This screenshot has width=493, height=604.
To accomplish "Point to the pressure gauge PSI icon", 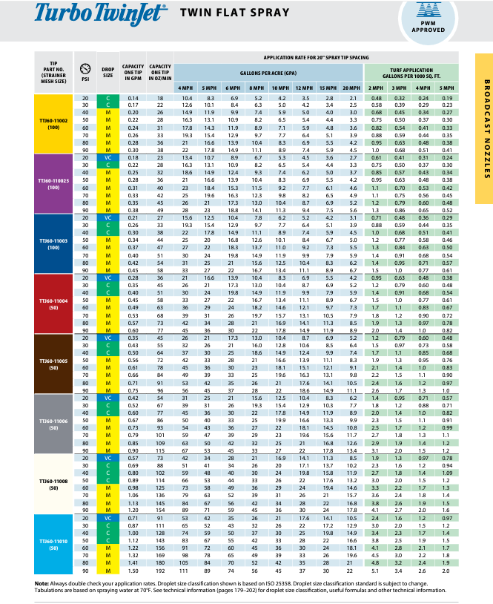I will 85,66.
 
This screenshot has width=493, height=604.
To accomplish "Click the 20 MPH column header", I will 350,88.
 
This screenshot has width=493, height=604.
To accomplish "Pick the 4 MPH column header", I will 185,88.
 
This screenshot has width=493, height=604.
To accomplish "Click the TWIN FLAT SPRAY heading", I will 222,13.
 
